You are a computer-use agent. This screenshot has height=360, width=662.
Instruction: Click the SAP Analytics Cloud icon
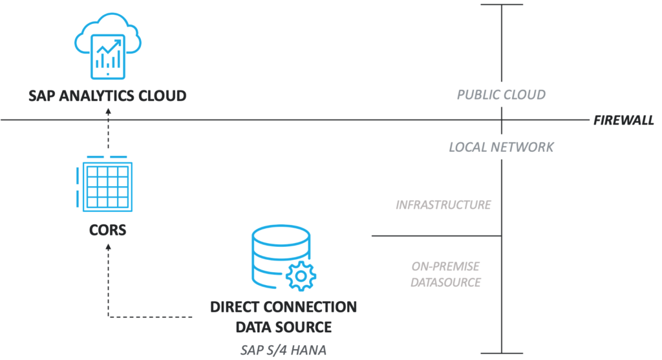(108, 46)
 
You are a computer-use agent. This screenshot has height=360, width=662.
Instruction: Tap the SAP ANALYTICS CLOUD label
(108, 96)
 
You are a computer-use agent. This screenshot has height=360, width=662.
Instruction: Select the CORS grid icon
(104, 184)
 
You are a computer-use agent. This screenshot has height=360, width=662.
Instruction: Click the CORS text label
(108, 230)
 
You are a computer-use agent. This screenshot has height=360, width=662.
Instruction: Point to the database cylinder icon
(281, 256)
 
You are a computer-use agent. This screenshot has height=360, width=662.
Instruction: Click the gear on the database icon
(301, 276)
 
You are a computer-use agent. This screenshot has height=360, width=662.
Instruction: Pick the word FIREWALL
(624, 120)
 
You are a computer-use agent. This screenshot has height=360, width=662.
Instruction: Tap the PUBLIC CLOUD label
(501, 94)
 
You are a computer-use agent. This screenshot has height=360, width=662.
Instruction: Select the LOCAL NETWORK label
(501, 147)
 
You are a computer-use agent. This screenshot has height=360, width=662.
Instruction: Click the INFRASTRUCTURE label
(443, 205)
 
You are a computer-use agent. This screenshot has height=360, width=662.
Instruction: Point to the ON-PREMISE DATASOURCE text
(446, 274)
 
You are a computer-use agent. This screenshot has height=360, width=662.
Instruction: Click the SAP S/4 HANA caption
(283, 350)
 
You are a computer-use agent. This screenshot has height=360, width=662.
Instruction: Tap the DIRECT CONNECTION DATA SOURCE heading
(283, 317)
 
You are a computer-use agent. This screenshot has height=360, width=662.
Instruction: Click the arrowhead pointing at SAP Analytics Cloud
(108, 111)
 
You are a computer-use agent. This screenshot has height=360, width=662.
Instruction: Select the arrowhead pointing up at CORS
(108, 248)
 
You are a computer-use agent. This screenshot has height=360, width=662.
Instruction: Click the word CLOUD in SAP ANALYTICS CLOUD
(162, 96)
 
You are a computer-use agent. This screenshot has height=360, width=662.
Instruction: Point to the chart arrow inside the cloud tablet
(109, 47)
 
